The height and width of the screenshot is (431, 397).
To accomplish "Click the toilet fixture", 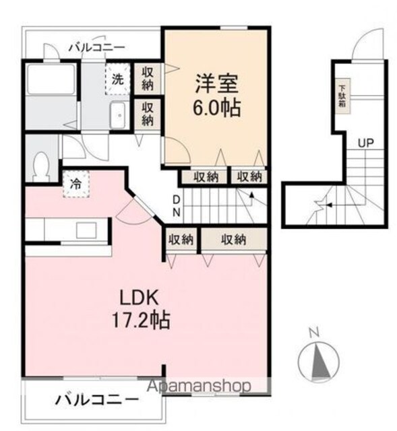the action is click(x=41, y=167).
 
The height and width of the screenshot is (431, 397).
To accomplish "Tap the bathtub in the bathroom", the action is click(x=51, y=79).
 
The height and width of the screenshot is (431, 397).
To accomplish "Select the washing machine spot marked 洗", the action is click(x=117, y=79).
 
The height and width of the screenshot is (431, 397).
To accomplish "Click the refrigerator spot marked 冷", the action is click(x=76, y=184).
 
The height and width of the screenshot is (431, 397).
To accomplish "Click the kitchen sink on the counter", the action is click(x=86, y=230).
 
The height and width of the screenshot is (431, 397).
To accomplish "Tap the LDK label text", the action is click(x=139, y=298).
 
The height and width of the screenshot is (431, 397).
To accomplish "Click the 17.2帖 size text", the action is click(x=140, y=321).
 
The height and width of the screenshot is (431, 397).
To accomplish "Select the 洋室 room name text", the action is click(x=216, y=84).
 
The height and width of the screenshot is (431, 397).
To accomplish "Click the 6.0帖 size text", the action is click(x=216, y=108).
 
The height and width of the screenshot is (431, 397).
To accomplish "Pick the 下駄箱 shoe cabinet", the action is click(x=342, y=96).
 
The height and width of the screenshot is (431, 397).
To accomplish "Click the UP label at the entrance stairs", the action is click(x=366, y=143).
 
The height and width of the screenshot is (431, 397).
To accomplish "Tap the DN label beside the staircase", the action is click(x=177, y=205).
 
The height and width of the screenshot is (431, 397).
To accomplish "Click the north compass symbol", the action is click(x=319, y=358).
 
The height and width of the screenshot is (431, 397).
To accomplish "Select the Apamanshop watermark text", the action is click(x=199, y=386).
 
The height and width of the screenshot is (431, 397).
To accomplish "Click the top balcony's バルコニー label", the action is click(x=97, y=48).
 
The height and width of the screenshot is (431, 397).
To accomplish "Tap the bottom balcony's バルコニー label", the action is click(x=97, y=400).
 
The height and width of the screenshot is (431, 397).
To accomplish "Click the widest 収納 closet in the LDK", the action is click(x=234, y=240).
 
